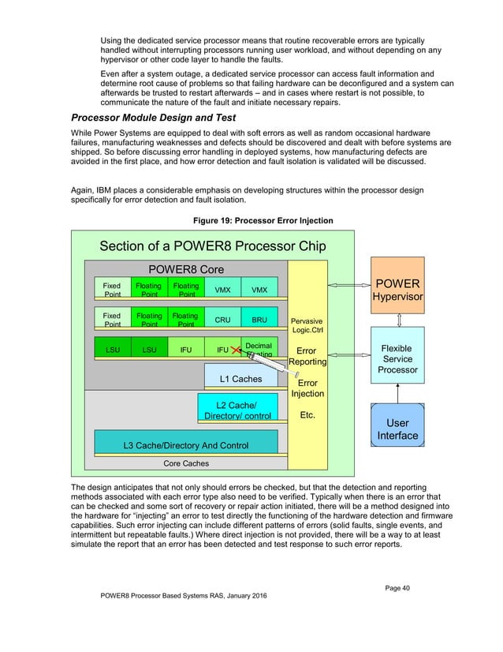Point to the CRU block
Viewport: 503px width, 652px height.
(x=222, y=320)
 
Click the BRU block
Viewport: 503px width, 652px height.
(x=259, y=320)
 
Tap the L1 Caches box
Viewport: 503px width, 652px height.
(x=240, y=379)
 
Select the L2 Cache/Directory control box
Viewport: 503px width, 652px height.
(x=237, y=410)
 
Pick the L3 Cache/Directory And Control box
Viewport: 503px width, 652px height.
(x=186, y=445)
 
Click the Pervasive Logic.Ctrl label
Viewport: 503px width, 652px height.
(x=307, y=325)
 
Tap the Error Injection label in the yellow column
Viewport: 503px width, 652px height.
(x=307, y=388)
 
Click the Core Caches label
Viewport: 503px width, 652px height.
(x=186, y=463)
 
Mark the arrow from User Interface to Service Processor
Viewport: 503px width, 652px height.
(x=397, y=392)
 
